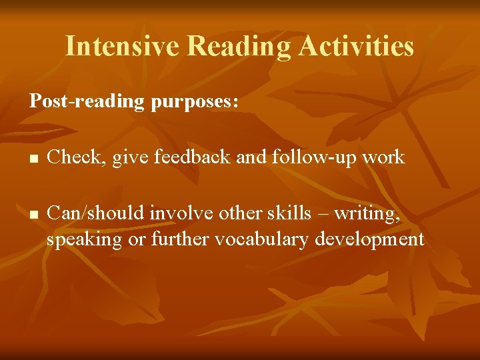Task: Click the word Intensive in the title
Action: pyautogui.click(x=123, y=46)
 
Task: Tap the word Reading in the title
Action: pyautogui.click(x=239, y=46)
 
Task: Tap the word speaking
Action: pyautogui.click(x=84, y=239)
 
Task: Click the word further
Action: pyautogui.click(x=180, y=239)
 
